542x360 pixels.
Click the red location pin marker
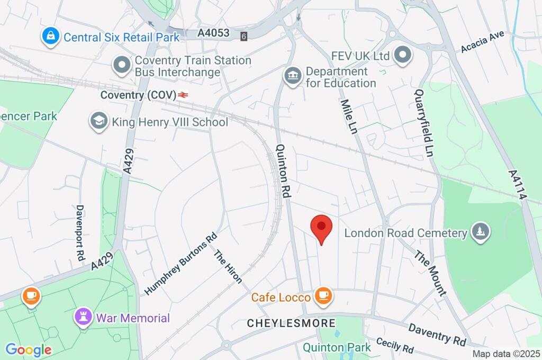(321, 228)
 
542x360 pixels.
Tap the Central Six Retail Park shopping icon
(50, 37)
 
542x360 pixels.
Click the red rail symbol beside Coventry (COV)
(183, 95)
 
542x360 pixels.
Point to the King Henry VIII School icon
(99, 122)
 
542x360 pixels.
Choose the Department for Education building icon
(292, 76)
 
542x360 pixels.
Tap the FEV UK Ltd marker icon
(404, 55)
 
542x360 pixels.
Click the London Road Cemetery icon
(481, 232)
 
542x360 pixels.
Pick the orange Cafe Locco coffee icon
(322, 295)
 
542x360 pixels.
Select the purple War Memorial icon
(83, 317)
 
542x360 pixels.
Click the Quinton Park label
(337, 348)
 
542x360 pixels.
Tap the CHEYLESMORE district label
(291, 323)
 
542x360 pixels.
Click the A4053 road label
(214, 33)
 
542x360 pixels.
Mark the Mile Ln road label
(348, 117)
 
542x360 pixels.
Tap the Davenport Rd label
(80, 232)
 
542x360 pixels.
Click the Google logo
(28, 350)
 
